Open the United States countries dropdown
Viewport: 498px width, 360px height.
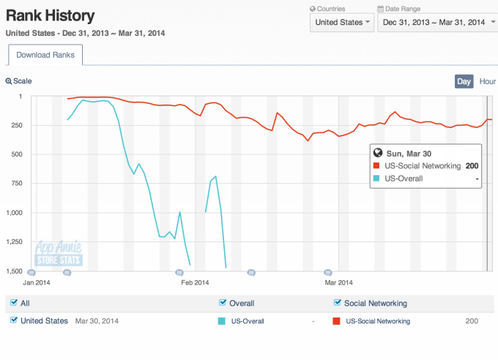click(x=342, y=22)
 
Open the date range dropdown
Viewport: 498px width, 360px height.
click(x=435, y=22)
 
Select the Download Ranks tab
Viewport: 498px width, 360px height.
click(x=46, y=55)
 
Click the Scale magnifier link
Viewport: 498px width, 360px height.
click(x=19, y=81)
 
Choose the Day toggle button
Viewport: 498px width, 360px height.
click(x=464, y=81)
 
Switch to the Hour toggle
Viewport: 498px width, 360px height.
click(x=487, y=81)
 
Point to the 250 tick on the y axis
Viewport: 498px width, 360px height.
click(x=15, y=125)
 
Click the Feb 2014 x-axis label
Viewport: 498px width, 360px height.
click(x=195, y=282)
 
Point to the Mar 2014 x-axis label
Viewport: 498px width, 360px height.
click(x=339, y=282)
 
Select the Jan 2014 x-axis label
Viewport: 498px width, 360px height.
click(x=37, y=282)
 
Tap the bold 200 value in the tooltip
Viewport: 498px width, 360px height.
click(x=472, y=166)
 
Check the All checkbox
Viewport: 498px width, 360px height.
click(x=12, y=303)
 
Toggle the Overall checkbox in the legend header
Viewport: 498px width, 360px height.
click(x=223, y=303)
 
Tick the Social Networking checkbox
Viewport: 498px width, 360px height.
click(x=337, y=303)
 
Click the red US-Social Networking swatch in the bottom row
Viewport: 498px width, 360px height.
click(x=337, y=321)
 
